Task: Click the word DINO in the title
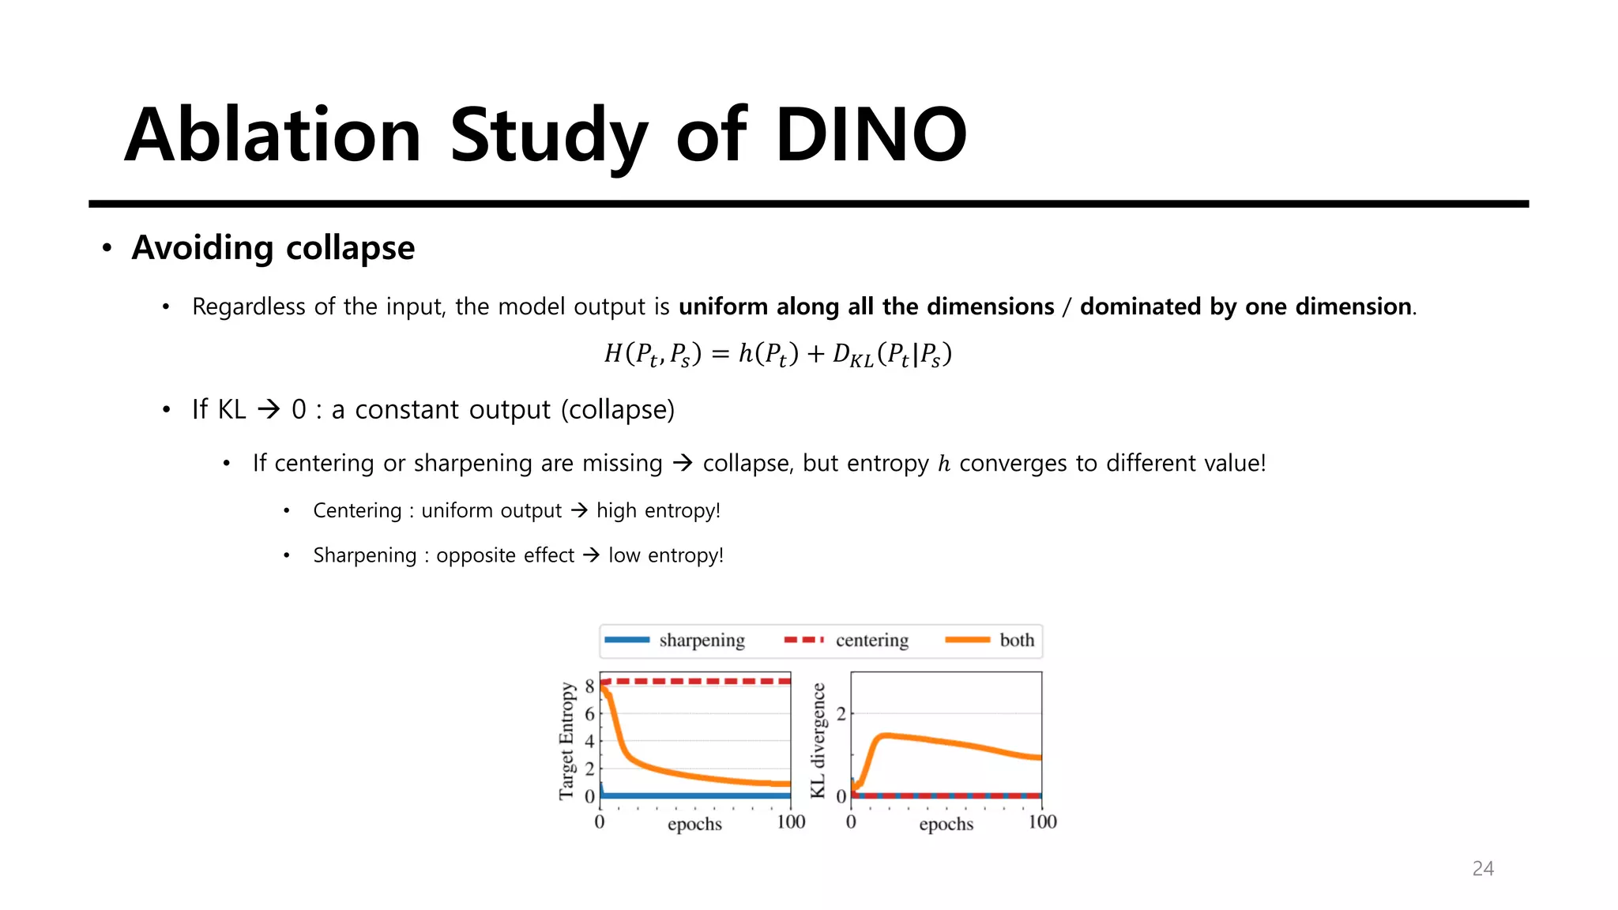[x=871, y=135]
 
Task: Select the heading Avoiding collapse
[x=273, y=248]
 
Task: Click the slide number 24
[x=1483, y=868]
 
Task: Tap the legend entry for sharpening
[x=702, y=640]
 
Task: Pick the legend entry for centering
[x=871, y=640]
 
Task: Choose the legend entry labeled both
[x=1016, y=640]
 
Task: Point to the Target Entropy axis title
[x=566, y=740]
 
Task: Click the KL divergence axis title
[x=818, y=740]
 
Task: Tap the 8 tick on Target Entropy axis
[x=589, y=686]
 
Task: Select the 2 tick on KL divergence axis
[x=841, y=714]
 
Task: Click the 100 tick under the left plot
[x=790, y=822]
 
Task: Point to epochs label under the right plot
[x=946, y=824]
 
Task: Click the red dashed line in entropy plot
[x=695, y=681]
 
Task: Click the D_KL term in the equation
[x=852, y=355]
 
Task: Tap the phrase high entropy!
[x=658, y=510]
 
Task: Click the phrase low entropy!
[x=665, y=555]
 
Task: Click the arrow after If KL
[x=269, y=409]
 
